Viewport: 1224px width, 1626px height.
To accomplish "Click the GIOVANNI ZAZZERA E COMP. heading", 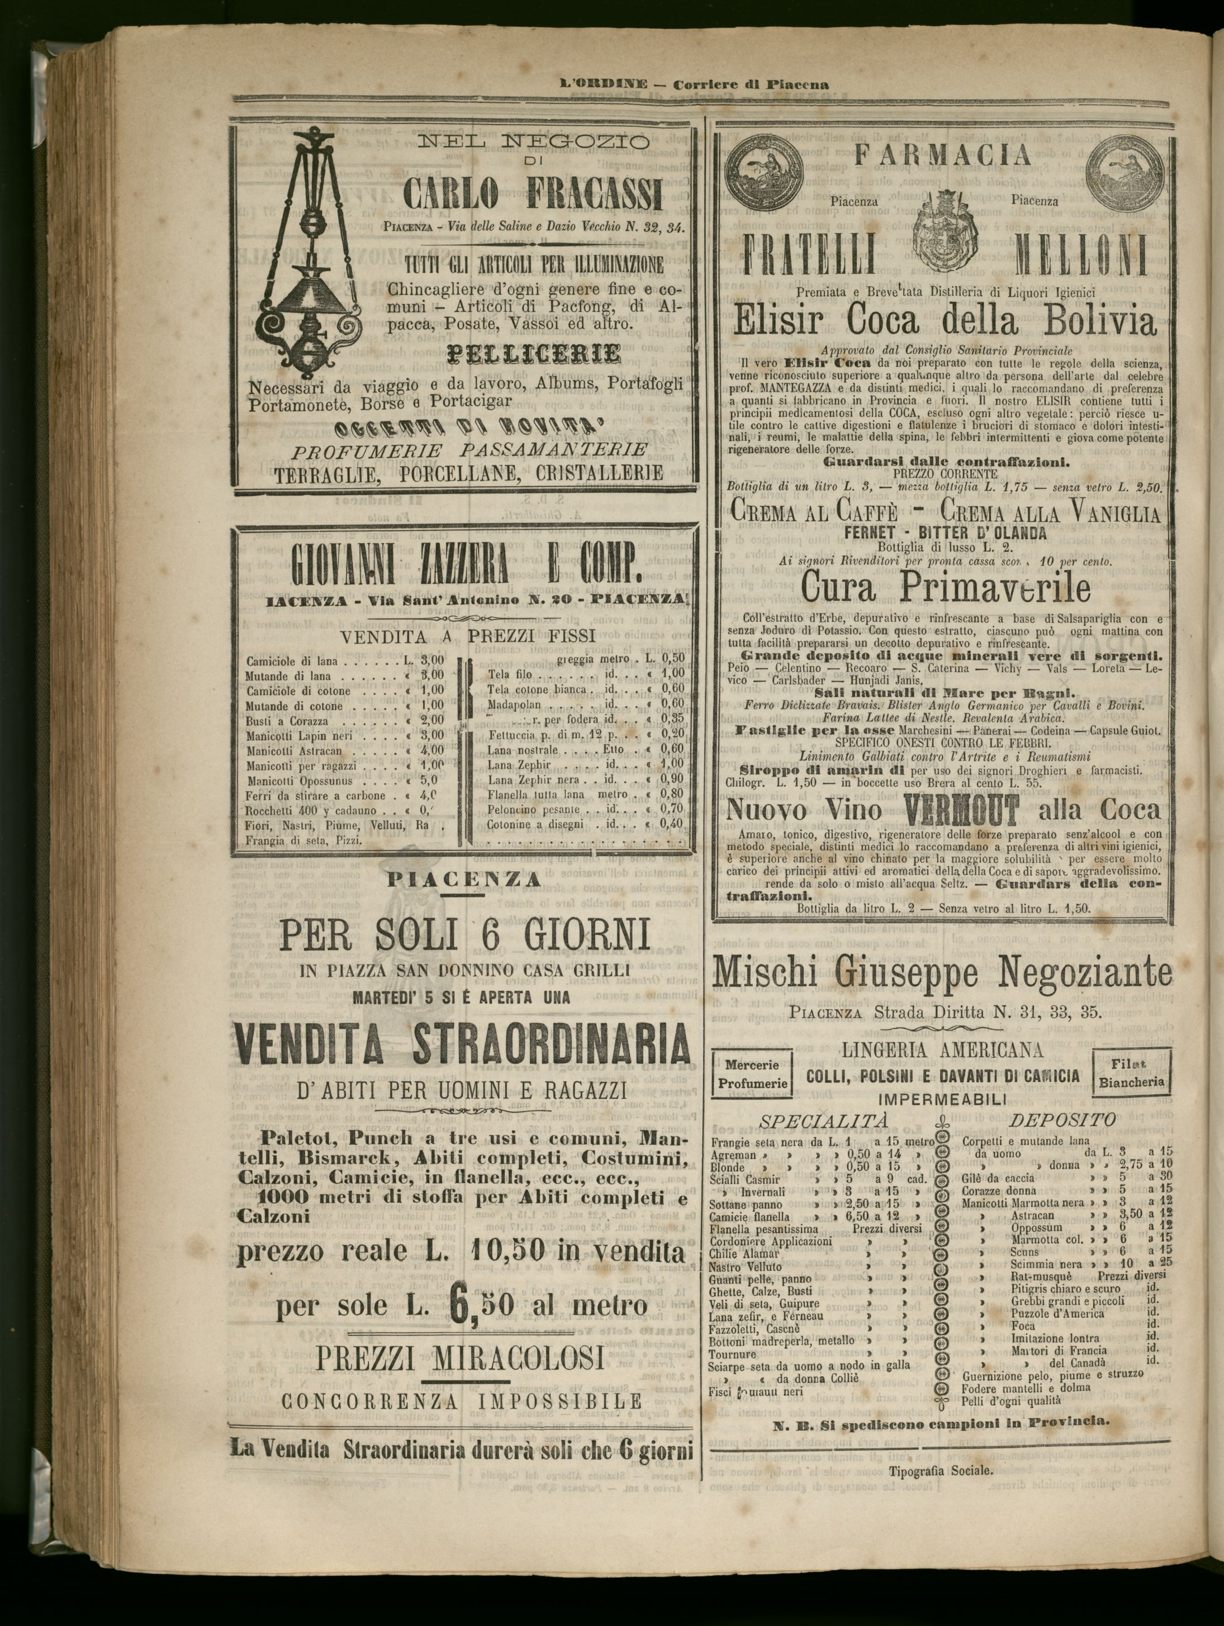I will click(463, 570).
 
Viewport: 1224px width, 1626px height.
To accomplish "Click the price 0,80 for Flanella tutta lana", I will click(671, 794).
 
